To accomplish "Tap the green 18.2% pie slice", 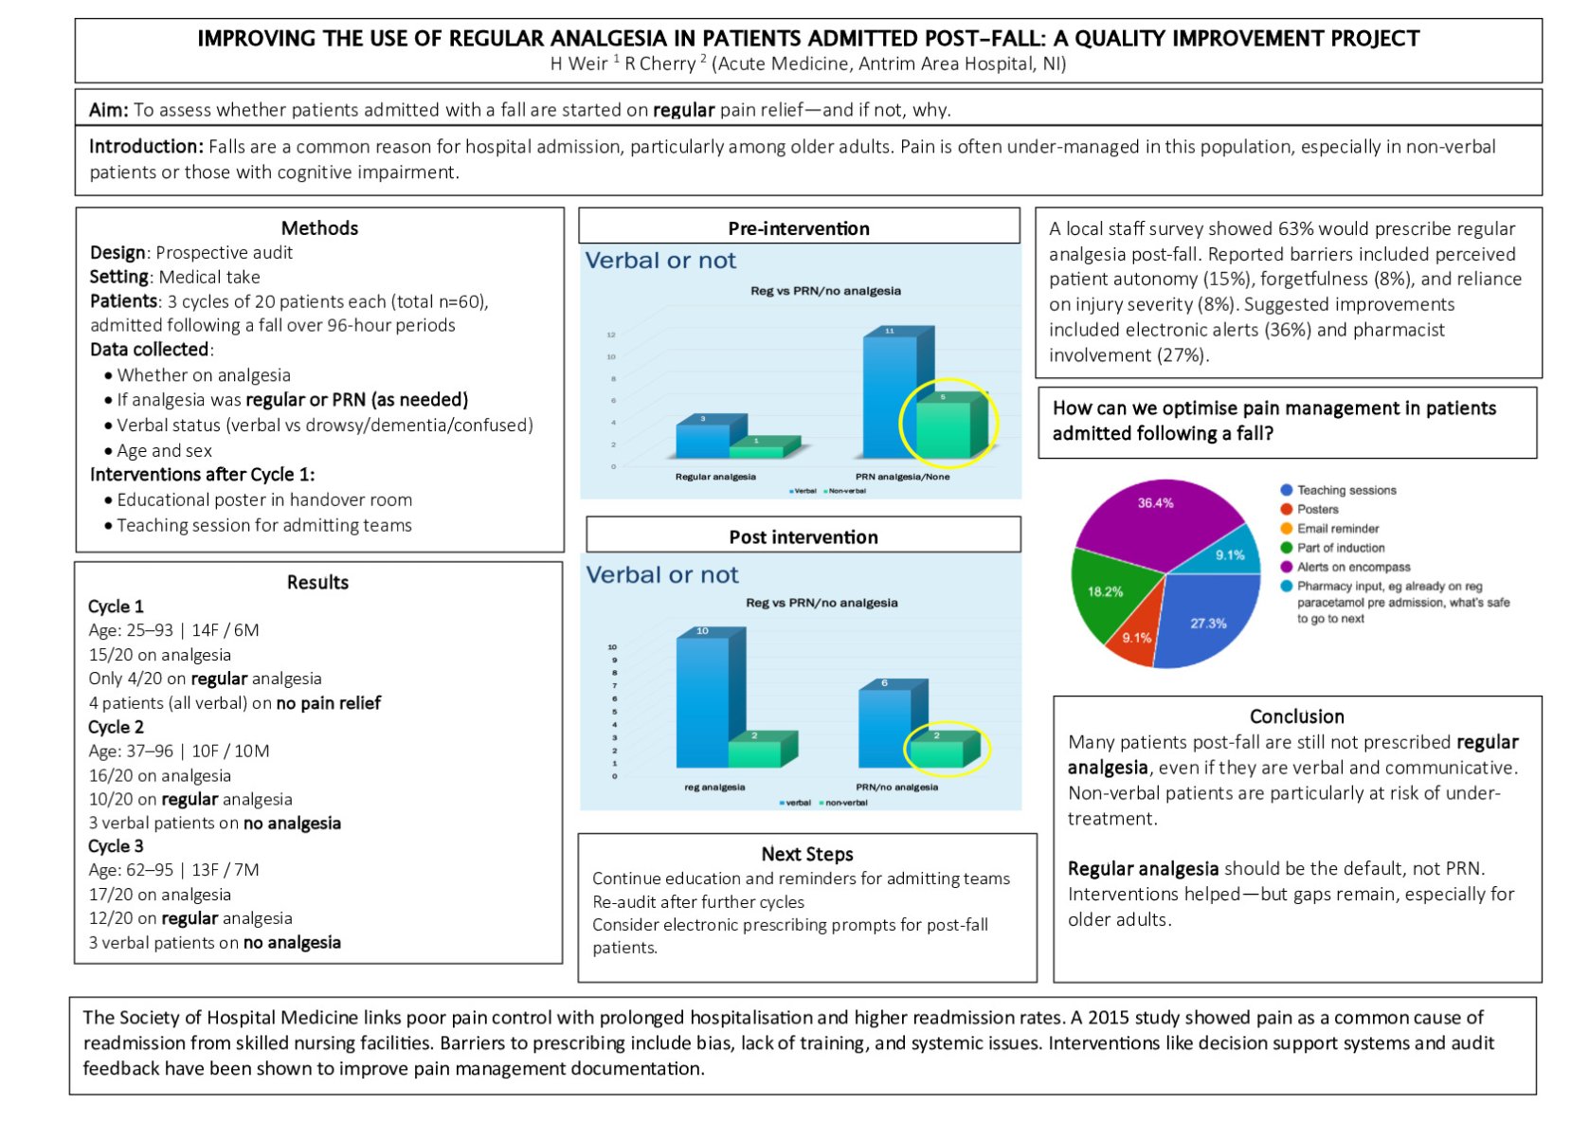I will coord(1107,592).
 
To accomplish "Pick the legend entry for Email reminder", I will coord(1337,529).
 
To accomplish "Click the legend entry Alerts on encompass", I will coord(1352,567).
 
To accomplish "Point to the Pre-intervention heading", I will coord(798,228).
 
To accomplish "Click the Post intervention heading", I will coord(803,537).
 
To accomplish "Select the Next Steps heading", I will coord(806,854).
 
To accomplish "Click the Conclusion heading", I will coord(1296,716).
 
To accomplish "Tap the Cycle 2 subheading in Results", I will coord(116,727).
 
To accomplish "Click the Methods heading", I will coord(319,228).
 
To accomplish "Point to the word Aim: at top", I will coord(109,110).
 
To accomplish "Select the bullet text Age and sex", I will coord(164,451).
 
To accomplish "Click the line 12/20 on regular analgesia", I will coord(190,918).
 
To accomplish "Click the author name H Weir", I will coord(579,63).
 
